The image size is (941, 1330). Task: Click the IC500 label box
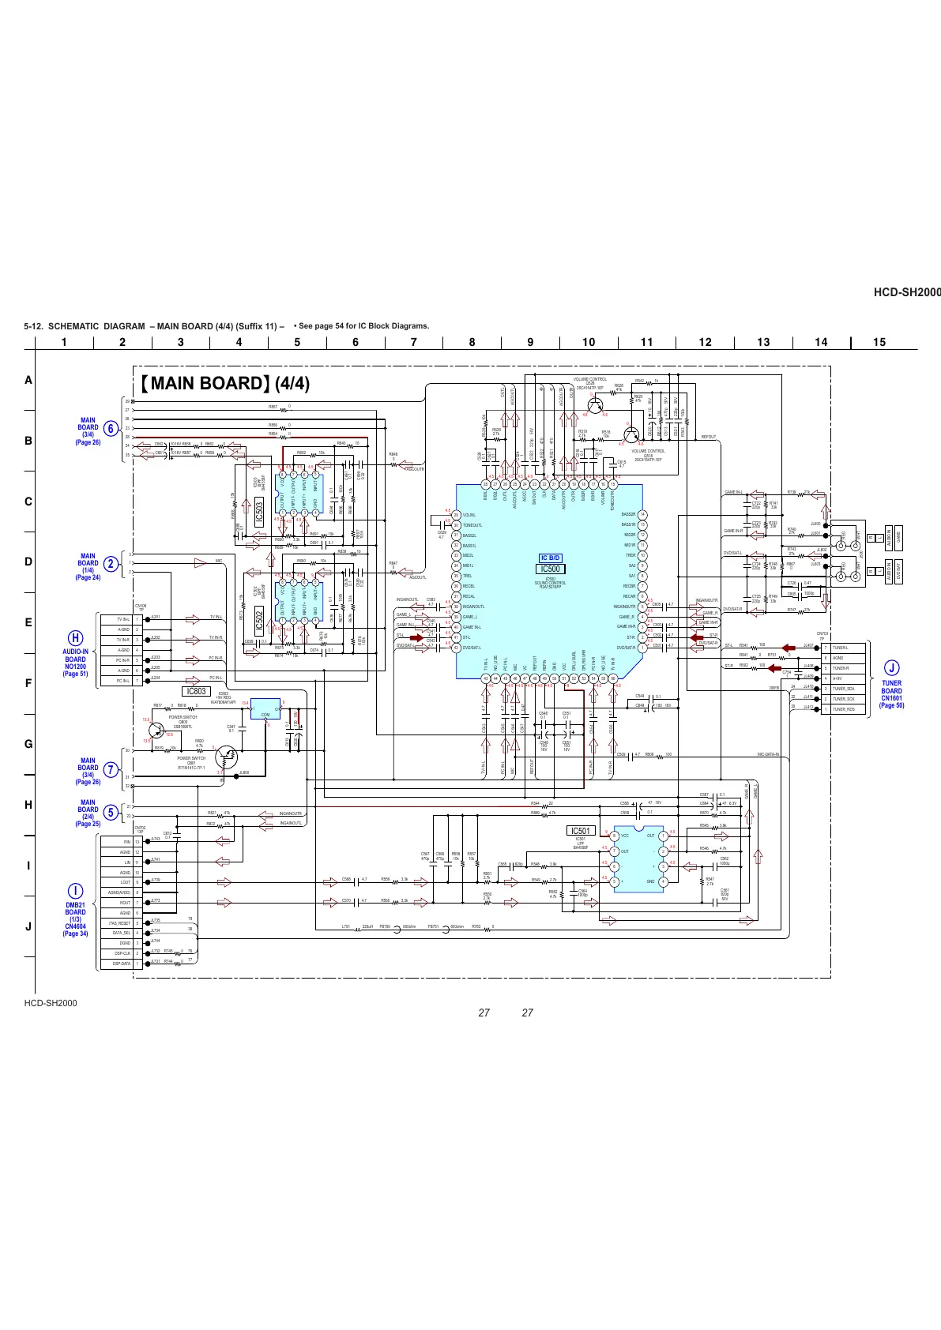[x=550, y=569]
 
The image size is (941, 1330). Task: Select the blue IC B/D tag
[x=550, y=558]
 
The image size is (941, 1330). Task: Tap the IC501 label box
[x=580, y=831]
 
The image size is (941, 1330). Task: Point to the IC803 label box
[x=196, y=692]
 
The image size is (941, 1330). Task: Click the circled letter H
[x=75, y=638]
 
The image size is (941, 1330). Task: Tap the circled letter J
[x=891, y=669]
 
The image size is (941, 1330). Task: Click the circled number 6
[x=111, y=428]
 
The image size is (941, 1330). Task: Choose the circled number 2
[x=111, y=563]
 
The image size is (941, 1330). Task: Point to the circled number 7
[x=111, y=769]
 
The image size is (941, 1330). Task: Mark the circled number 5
[x=111, y=812]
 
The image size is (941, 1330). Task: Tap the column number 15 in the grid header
[x=879, y=342]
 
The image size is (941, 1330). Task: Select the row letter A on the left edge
[x=28, y=380]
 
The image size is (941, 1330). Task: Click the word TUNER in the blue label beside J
[x=891, y=683]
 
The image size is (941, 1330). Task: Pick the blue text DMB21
[x=75, y=905]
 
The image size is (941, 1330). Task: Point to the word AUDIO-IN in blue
[x=75, y=652]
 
